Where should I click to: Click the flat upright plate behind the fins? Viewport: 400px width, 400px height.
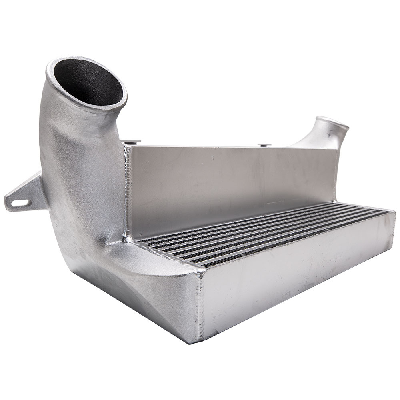pos(228,180)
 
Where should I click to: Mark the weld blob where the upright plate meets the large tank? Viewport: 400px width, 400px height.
pos(127,238)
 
